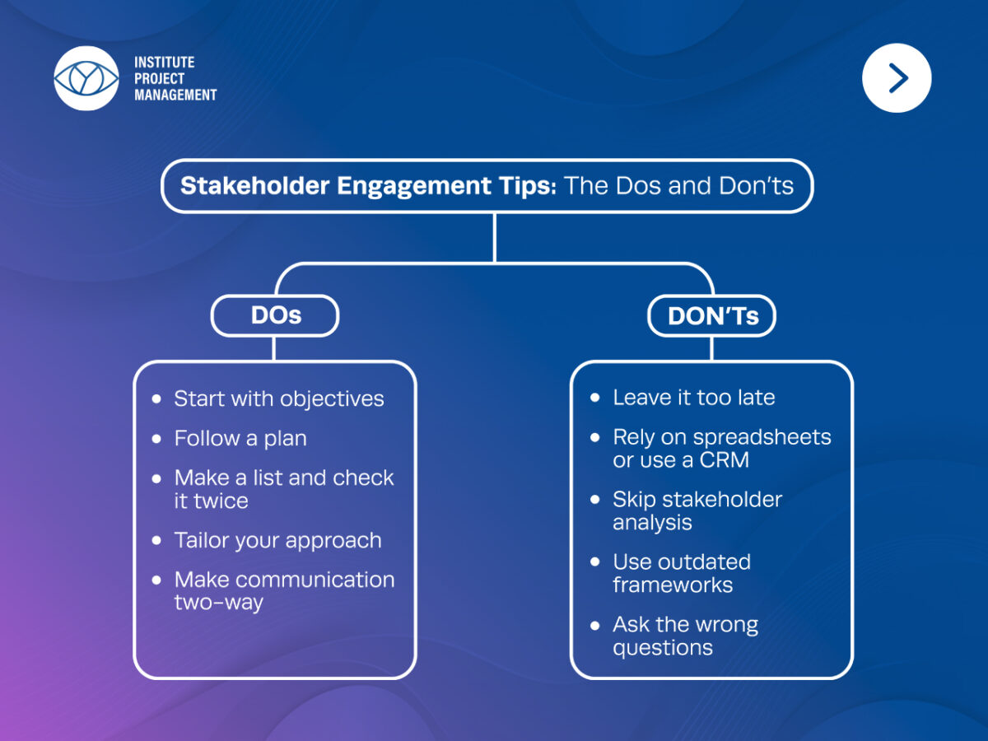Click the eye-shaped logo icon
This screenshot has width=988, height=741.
click(86, 78)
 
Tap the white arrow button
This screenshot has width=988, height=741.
click(897, 78)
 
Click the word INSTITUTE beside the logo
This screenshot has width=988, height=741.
click(165, 63)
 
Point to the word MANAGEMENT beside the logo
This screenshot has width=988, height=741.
click(175, 95)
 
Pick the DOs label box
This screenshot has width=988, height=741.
click(275, 316)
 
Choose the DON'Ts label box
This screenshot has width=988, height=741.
click(712, 316)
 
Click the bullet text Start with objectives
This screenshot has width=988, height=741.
click(278, 398)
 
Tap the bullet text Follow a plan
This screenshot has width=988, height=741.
click(240, 438)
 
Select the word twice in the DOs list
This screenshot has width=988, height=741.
click(221, 501)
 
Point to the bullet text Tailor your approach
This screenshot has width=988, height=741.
click(277, 540)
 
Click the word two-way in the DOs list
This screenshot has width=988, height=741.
click(218, 603)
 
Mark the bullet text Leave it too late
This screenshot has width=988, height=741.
click(693, 398)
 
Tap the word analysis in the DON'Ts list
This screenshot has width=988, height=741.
click(652, 523)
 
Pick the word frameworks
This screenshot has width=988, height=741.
click(672, 585)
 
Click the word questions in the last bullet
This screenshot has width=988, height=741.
click(662, 648)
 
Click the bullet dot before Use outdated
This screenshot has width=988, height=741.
click(595, 562)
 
